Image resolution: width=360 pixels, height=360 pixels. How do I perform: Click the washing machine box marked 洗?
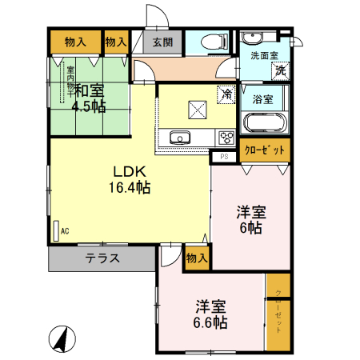coord(281,70)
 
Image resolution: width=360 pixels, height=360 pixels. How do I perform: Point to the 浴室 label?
coord(262,100)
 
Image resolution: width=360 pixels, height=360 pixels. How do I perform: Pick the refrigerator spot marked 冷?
coord(227,94)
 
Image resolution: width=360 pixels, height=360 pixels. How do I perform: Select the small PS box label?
coord(224,157)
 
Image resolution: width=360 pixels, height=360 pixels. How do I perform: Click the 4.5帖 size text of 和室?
coord(88,107)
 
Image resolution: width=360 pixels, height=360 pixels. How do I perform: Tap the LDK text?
coord(128,171)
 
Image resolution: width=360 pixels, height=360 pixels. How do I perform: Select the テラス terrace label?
coord(102,258)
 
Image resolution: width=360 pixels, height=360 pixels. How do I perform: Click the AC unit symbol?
coord(57,230)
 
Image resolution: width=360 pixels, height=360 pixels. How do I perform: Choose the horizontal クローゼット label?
coord(265,150)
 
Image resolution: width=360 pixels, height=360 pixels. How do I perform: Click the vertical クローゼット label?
coord(278,312)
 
